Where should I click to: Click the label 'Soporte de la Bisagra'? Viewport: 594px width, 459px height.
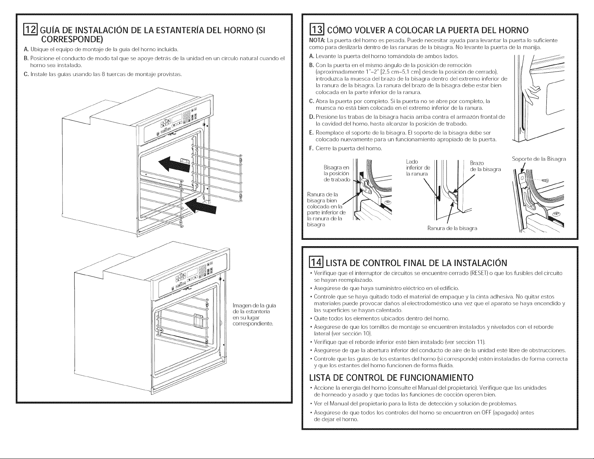click(539, 158)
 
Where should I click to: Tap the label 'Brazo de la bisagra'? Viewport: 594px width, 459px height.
click(485, 166)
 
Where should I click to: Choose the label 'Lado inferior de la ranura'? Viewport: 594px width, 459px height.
click(418, 167)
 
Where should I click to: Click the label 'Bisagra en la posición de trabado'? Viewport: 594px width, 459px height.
click(336, 173)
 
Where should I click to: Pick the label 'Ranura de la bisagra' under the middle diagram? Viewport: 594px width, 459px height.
click(452, 228)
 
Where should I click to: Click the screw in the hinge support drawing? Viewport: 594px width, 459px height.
click(546, 181)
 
